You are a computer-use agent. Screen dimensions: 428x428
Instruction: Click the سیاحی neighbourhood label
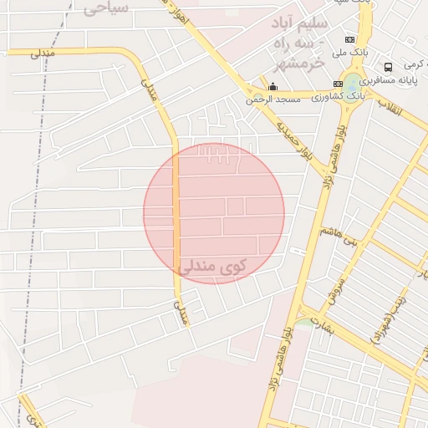tap(105, 8)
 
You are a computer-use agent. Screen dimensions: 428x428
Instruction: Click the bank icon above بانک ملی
tap(349, 39)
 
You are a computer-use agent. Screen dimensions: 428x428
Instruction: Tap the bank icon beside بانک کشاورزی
tap(338, 84)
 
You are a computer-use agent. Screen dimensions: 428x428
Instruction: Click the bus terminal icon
tap(388, 67)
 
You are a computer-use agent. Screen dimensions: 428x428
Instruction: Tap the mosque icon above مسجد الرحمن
tap(272, 85)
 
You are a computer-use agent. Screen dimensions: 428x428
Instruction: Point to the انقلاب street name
tap(390, 106)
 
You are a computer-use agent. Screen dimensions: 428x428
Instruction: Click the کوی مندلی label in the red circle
tap(213, 267)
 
